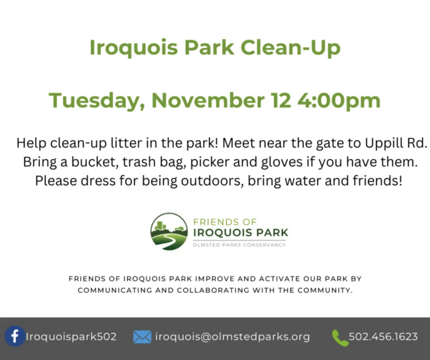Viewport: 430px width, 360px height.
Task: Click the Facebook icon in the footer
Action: point(15,337)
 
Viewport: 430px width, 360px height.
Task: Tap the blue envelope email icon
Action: point(142,337)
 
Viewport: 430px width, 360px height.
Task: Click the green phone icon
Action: point(340,337)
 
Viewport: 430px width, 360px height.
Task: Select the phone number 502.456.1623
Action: point(383,337)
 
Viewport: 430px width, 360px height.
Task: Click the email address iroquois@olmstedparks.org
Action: point(232,337)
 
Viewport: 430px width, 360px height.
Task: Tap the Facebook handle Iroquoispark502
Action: point(71,337)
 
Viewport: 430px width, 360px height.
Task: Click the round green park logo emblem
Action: point(169,232)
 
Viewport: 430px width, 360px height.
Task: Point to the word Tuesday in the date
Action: point(97,100)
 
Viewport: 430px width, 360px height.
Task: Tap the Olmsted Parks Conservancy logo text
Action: point(240,245)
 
